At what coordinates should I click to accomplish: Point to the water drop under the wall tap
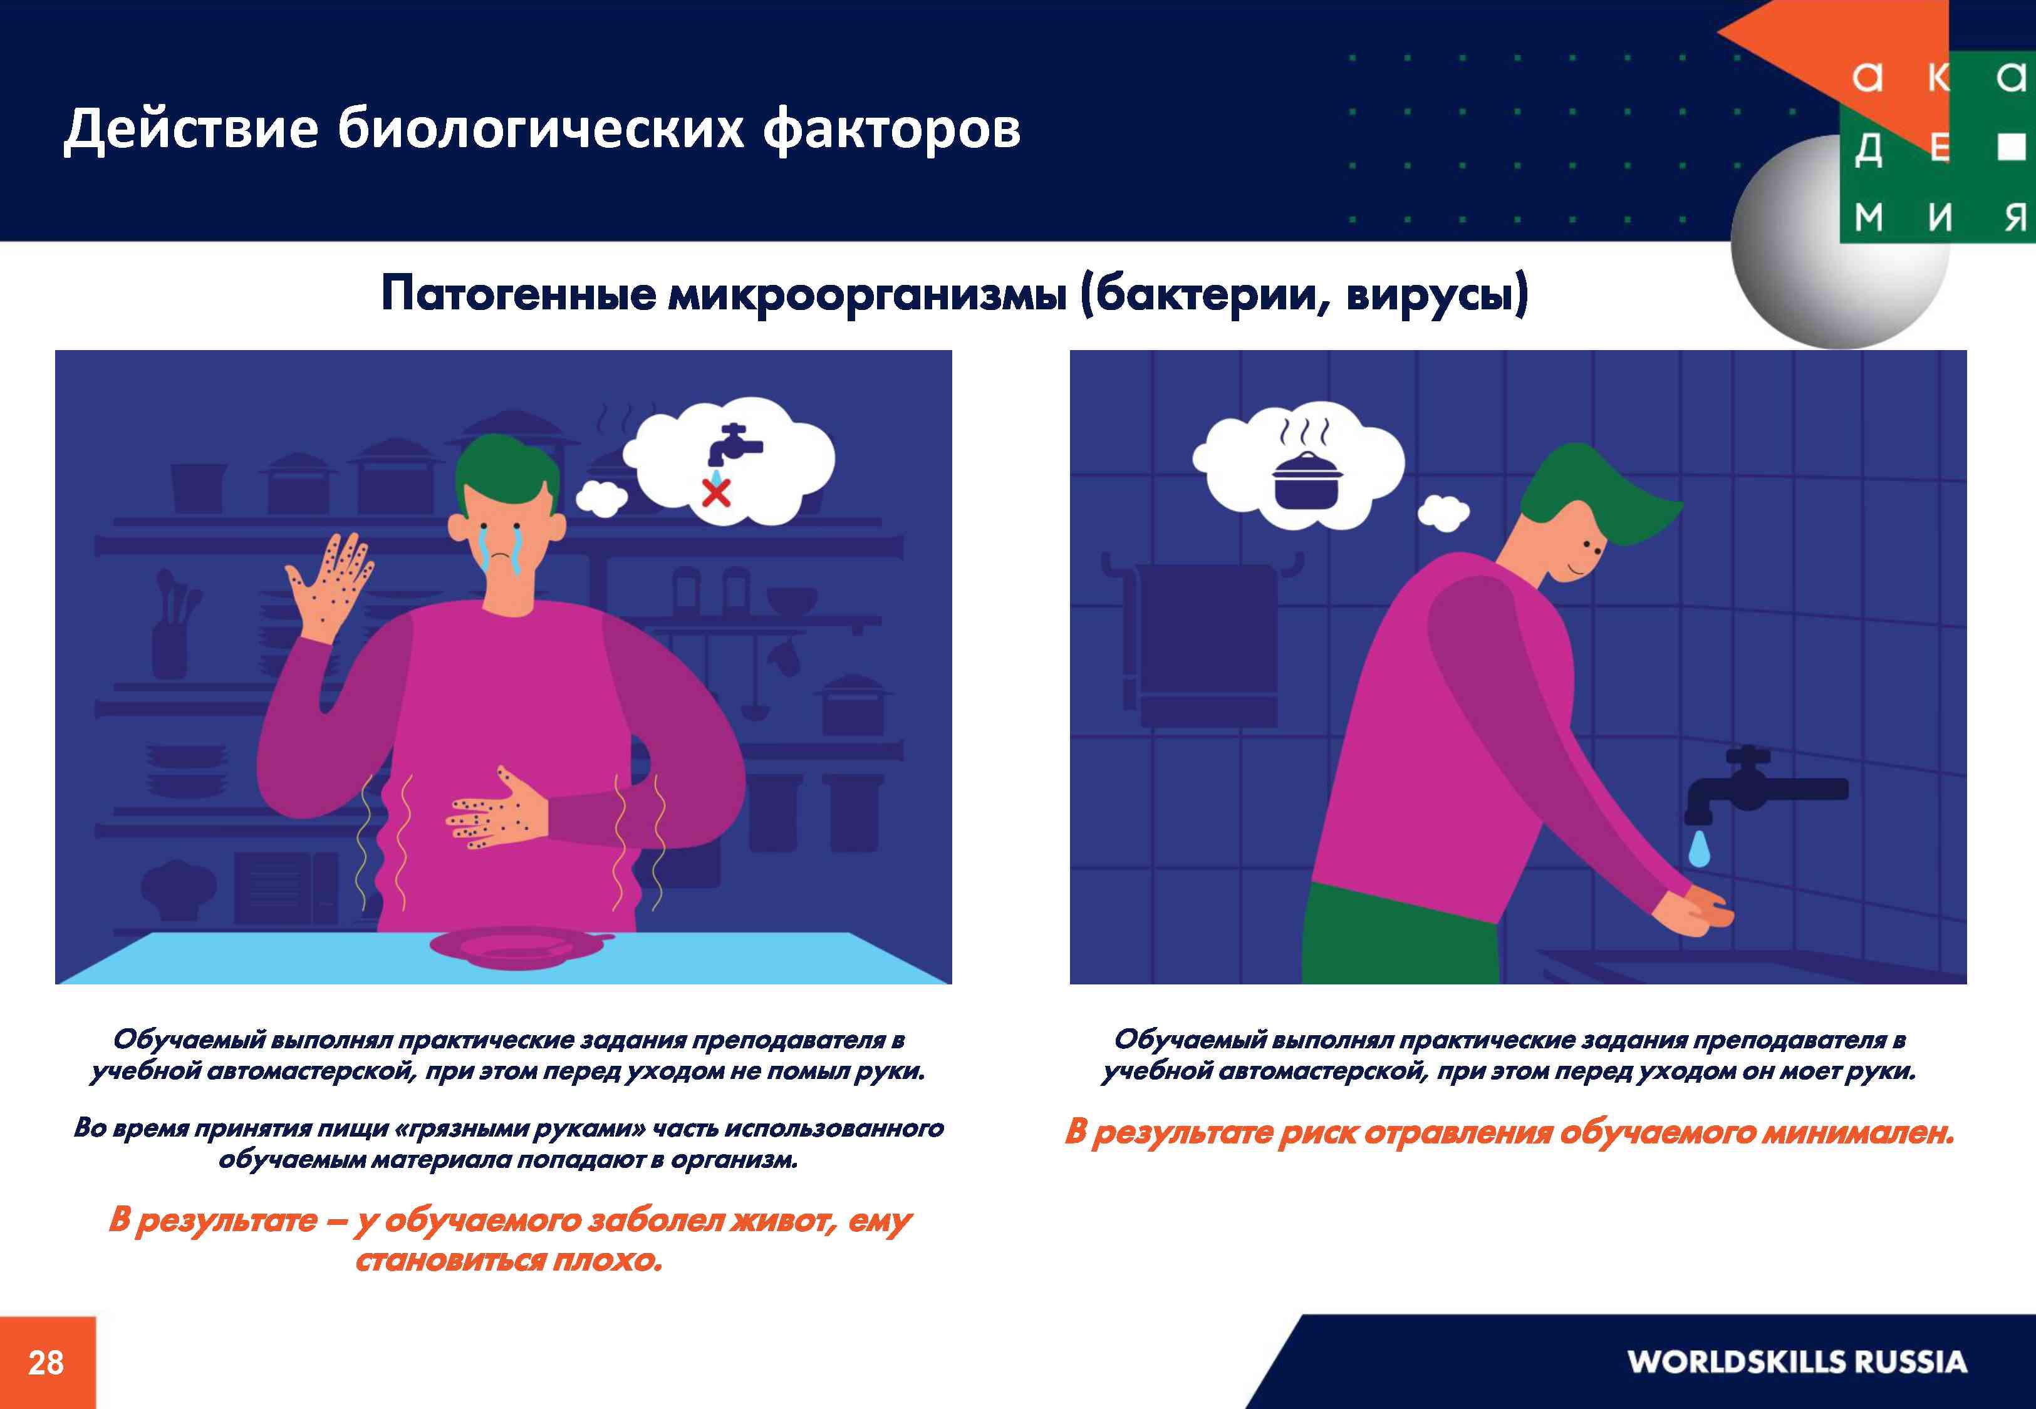click(x=1699, y=849)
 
